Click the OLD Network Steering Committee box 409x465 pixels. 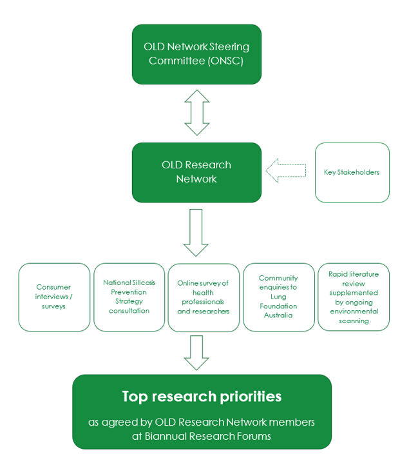tap(196, 54)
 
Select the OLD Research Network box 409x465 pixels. tap(196, 172)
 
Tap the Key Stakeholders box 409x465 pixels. tap(352, 172)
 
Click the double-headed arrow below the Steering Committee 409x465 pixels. tap(196, 112)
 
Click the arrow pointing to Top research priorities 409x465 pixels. tap(196, 352)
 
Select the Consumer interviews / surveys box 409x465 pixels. tap(54, 297)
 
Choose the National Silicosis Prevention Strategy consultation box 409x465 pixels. tap(129, 297)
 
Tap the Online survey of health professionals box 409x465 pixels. tap(204, 297)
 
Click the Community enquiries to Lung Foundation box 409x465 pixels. tap(278, 297)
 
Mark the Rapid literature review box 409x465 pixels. tap(353, 297)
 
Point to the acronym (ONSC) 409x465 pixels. tap(224, 61)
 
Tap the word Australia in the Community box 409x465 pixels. tap(278, 315)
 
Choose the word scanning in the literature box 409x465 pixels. tap(353, 321)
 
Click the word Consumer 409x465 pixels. tap(54, 288)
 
